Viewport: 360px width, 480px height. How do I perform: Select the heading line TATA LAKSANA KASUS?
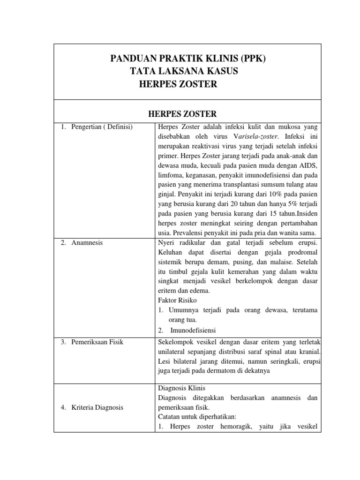184,71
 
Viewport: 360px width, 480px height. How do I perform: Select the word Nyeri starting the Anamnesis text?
167,243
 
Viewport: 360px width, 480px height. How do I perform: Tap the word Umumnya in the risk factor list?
184,310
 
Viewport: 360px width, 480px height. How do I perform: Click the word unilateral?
173,352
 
